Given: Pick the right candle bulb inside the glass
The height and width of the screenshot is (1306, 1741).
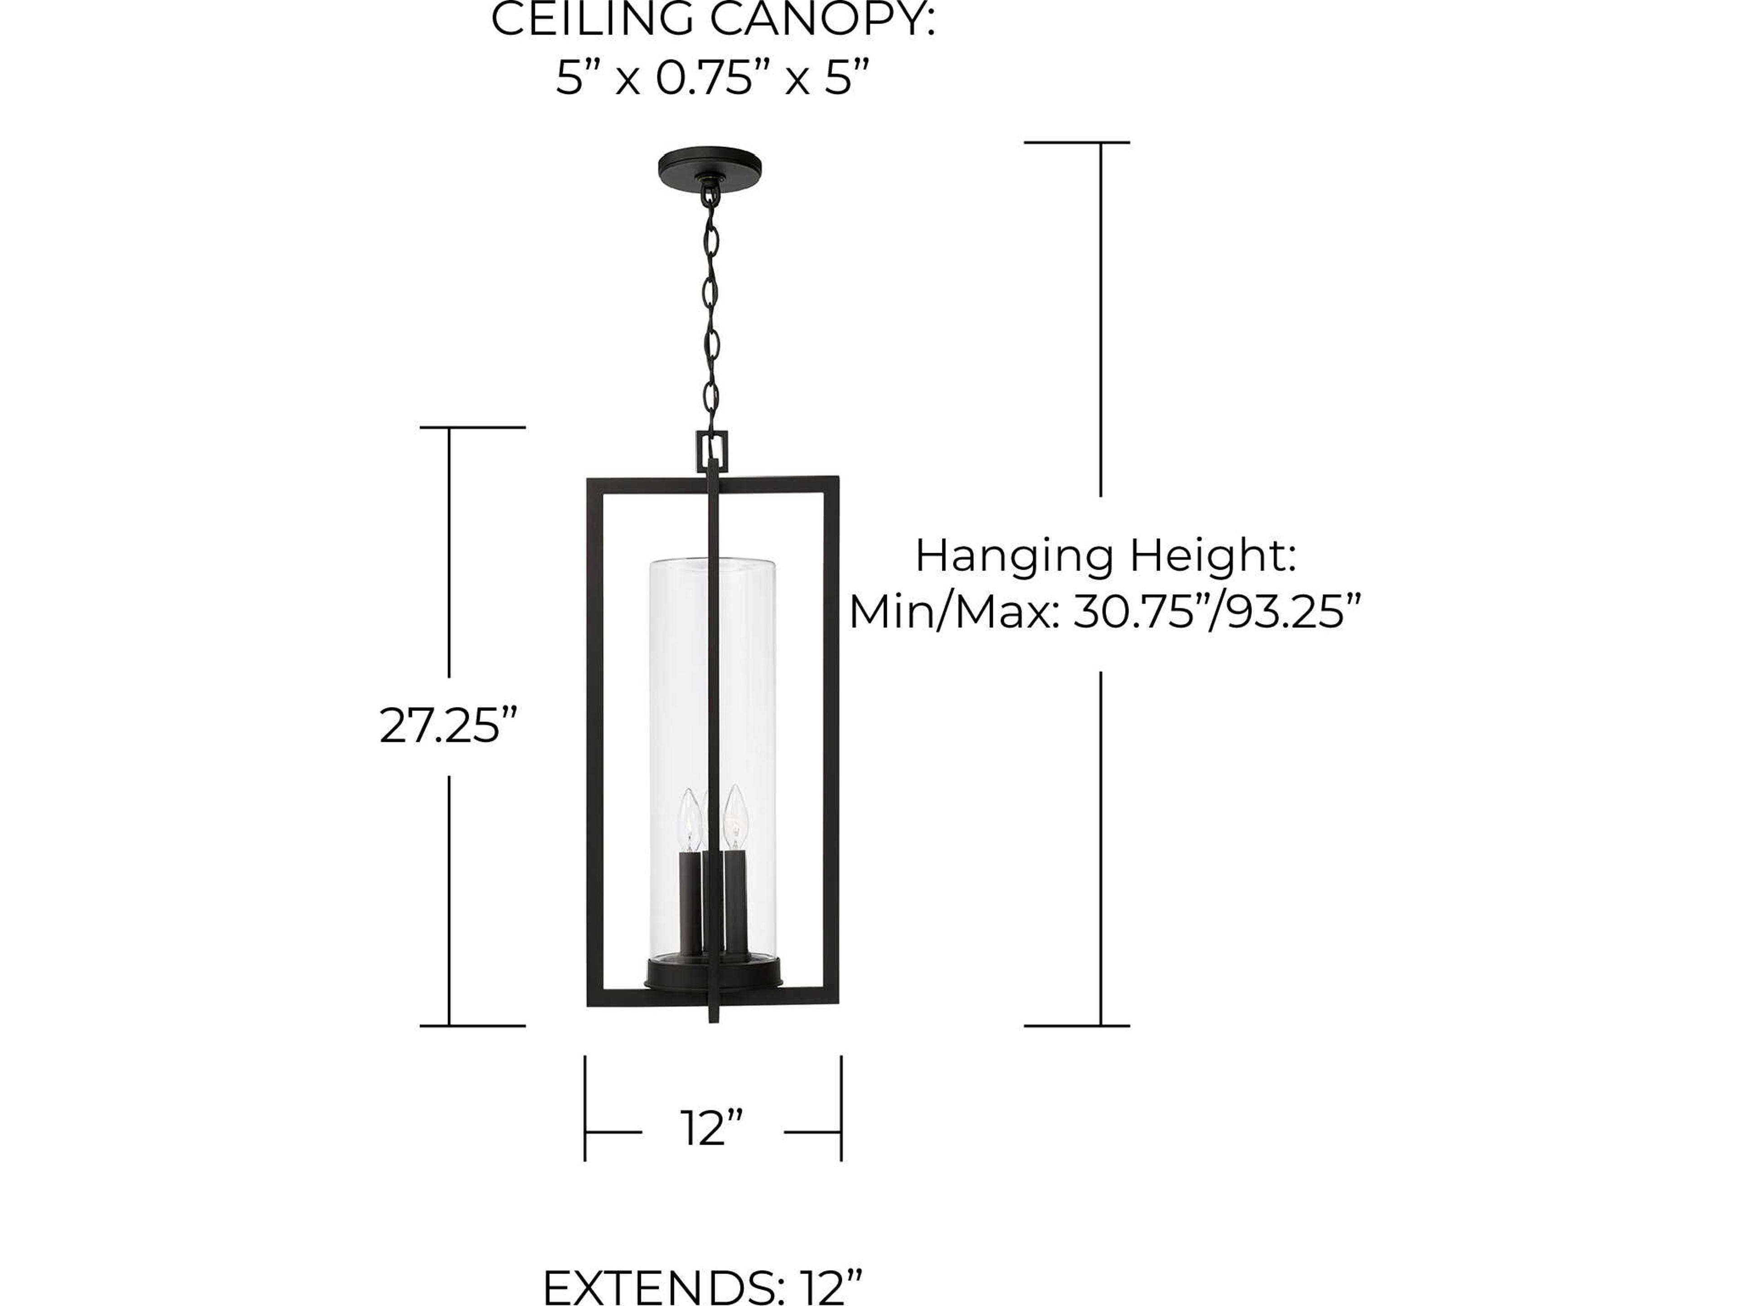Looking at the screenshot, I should pos(735,815).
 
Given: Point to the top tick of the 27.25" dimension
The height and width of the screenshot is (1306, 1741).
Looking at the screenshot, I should pos(472,428).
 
